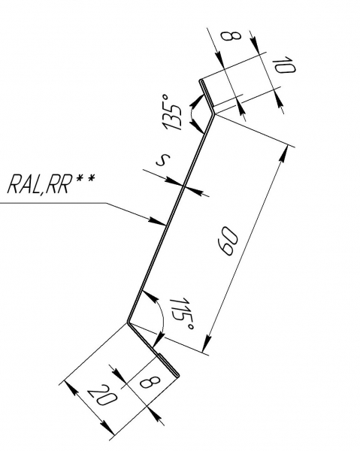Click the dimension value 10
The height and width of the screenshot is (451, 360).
[x=284, y=65]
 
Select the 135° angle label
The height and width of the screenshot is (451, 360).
[x=172, y=113]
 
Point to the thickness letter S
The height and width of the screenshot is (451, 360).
[x=163, y=159]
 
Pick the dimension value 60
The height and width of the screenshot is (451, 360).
[x=228, y=241]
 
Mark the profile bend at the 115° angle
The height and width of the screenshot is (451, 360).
[x=129, y=322]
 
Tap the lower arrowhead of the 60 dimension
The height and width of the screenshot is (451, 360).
[x=207, y=343]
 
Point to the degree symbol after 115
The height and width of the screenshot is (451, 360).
[x=190, y=327]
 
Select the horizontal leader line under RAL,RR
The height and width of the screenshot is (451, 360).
[x=54, y=203]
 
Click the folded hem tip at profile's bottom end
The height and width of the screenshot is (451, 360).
[x=178, y=376]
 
